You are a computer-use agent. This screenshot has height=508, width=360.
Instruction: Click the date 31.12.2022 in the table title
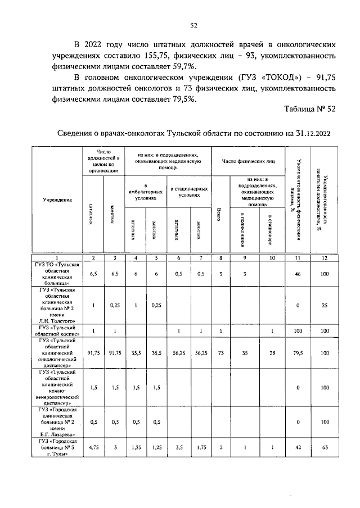tap(308, 133)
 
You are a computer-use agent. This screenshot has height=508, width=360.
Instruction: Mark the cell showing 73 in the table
tap(220, 353)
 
